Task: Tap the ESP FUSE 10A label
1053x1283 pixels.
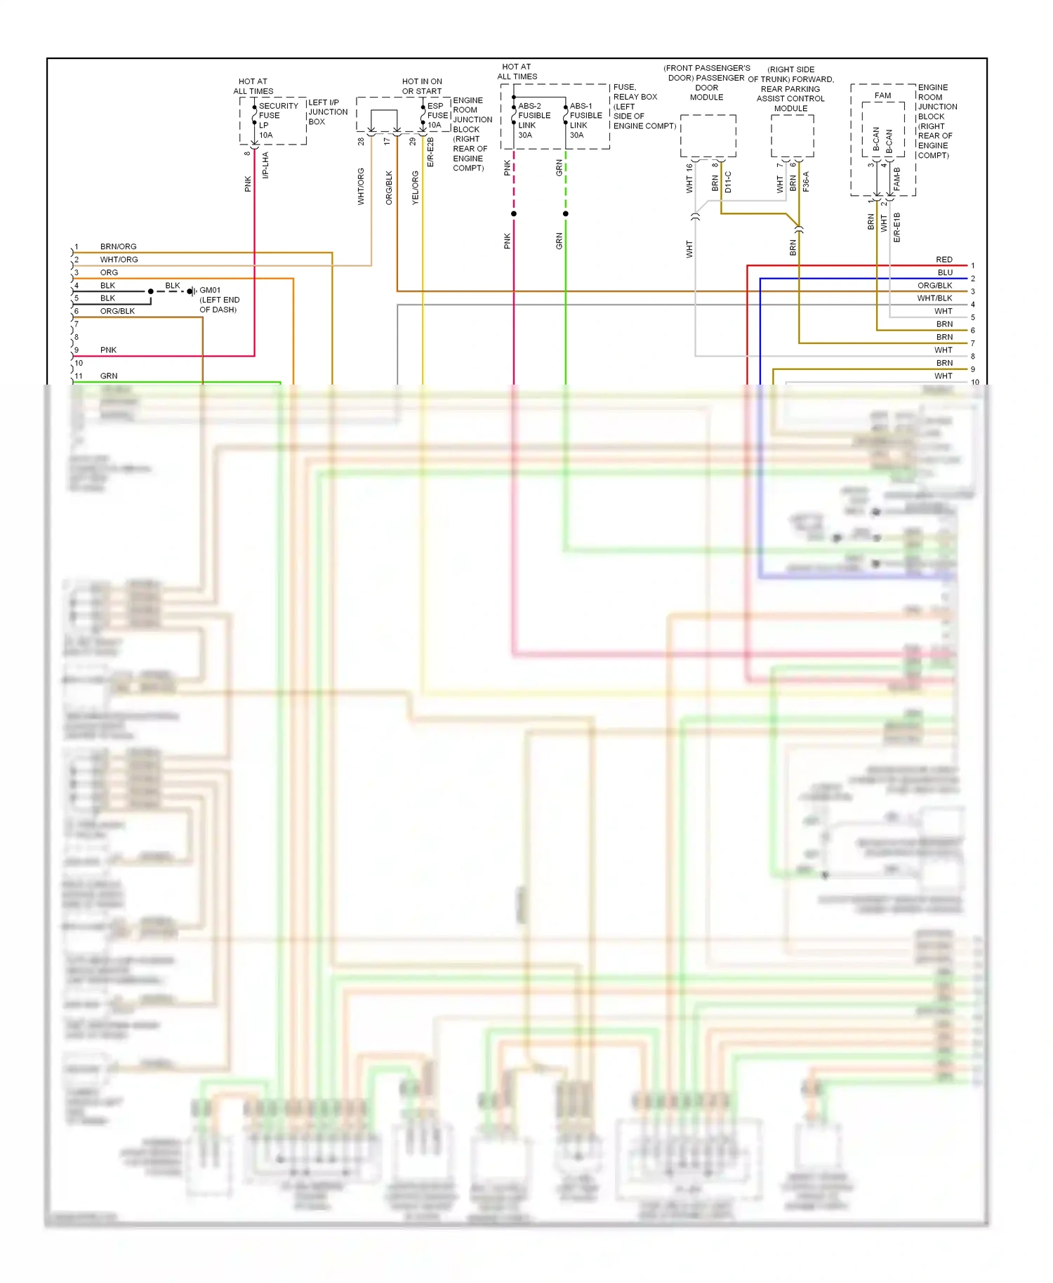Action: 437,116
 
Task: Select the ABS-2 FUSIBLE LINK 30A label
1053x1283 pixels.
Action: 534,120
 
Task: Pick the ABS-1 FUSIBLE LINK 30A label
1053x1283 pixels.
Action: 585,120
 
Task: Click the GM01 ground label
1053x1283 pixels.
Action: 210,290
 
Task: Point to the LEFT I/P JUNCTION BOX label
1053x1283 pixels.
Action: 328,112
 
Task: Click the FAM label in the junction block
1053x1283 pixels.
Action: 882,95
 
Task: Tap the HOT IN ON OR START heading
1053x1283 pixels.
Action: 422,86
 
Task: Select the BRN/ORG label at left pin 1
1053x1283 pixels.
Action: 118,246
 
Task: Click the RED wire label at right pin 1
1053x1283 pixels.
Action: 943,260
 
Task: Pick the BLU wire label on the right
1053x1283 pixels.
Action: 945,272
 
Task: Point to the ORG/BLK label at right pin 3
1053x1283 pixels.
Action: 934,286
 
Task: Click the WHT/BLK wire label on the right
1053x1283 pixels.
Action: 934,298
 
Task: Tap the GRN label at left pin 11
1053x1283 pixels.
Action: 109,376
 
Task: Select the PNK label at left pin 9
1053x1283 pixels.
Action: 108,350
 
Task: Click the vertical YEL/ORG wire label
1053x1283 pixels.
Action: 415,187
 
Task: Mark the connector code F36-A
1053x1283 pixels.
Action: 806,182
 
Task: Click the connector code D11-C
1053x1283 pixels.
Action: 728,182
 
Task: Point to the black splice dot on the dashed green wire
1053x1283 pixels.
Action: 565,213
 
